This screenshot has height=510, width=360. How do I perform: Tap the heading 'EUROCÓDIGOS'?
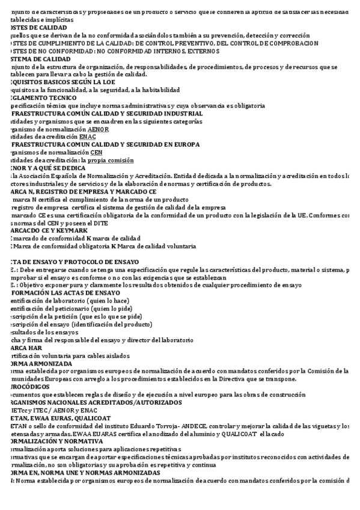[x=30, y=387]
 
